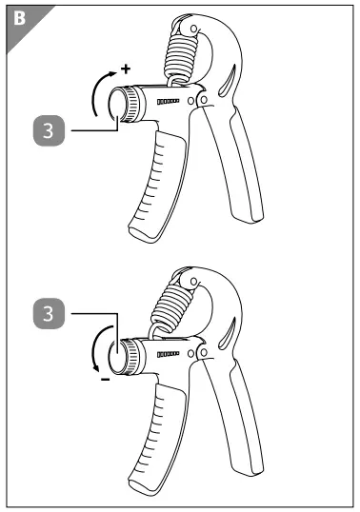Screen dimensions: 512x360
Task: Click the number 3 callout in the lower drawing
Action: [48, 312]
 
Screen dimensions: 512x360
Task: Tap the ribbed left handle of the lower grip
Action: [154, 433]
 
